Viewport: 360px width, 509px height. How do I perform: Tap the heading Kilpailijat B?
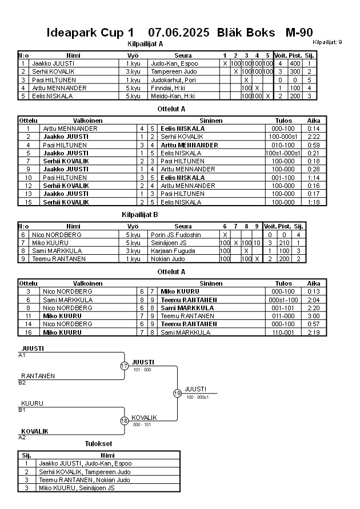pyautogui.click(x=140, y=215)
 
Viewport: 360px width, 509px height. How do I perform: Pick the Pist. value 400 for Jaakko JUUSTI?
pyautogui.click(x=294, y=63)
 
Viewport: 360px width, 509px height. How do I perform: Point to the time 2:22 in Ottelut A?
pyautogui.click(x=314, y=137)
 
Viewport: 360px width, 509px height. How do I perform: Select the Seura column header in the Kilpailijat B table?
pyautogui.click(x=183, y=226)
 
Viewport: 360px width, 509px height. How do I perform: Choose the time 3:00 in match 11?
pyautogui.click(x=314, y=316)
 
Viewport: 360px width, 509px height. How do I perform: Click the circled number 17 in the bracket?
pyautogui.click(x=124, y=366)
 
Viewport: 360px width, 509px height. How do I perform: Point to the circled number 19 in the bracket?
pyautogui.click(x=177, y=393)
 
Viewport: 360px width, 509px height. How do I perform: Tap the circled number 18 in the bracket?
pyautogui.click(x=124, y=421)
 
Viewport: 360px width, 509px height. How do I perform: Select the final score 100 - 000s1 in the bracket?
pyautogui.click(x=197, y=396)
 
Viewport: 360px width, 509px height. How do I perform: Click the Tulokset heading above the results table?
pyautogui.click(x=98, y=444)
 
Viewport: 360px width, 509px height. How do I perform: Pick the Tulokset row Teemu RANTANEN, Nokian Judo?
pyautogui.click(x=85, y=480)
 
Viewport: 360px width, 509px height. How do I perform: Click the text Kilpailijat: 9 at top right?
pyautogui.click(x=327, y=42)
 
